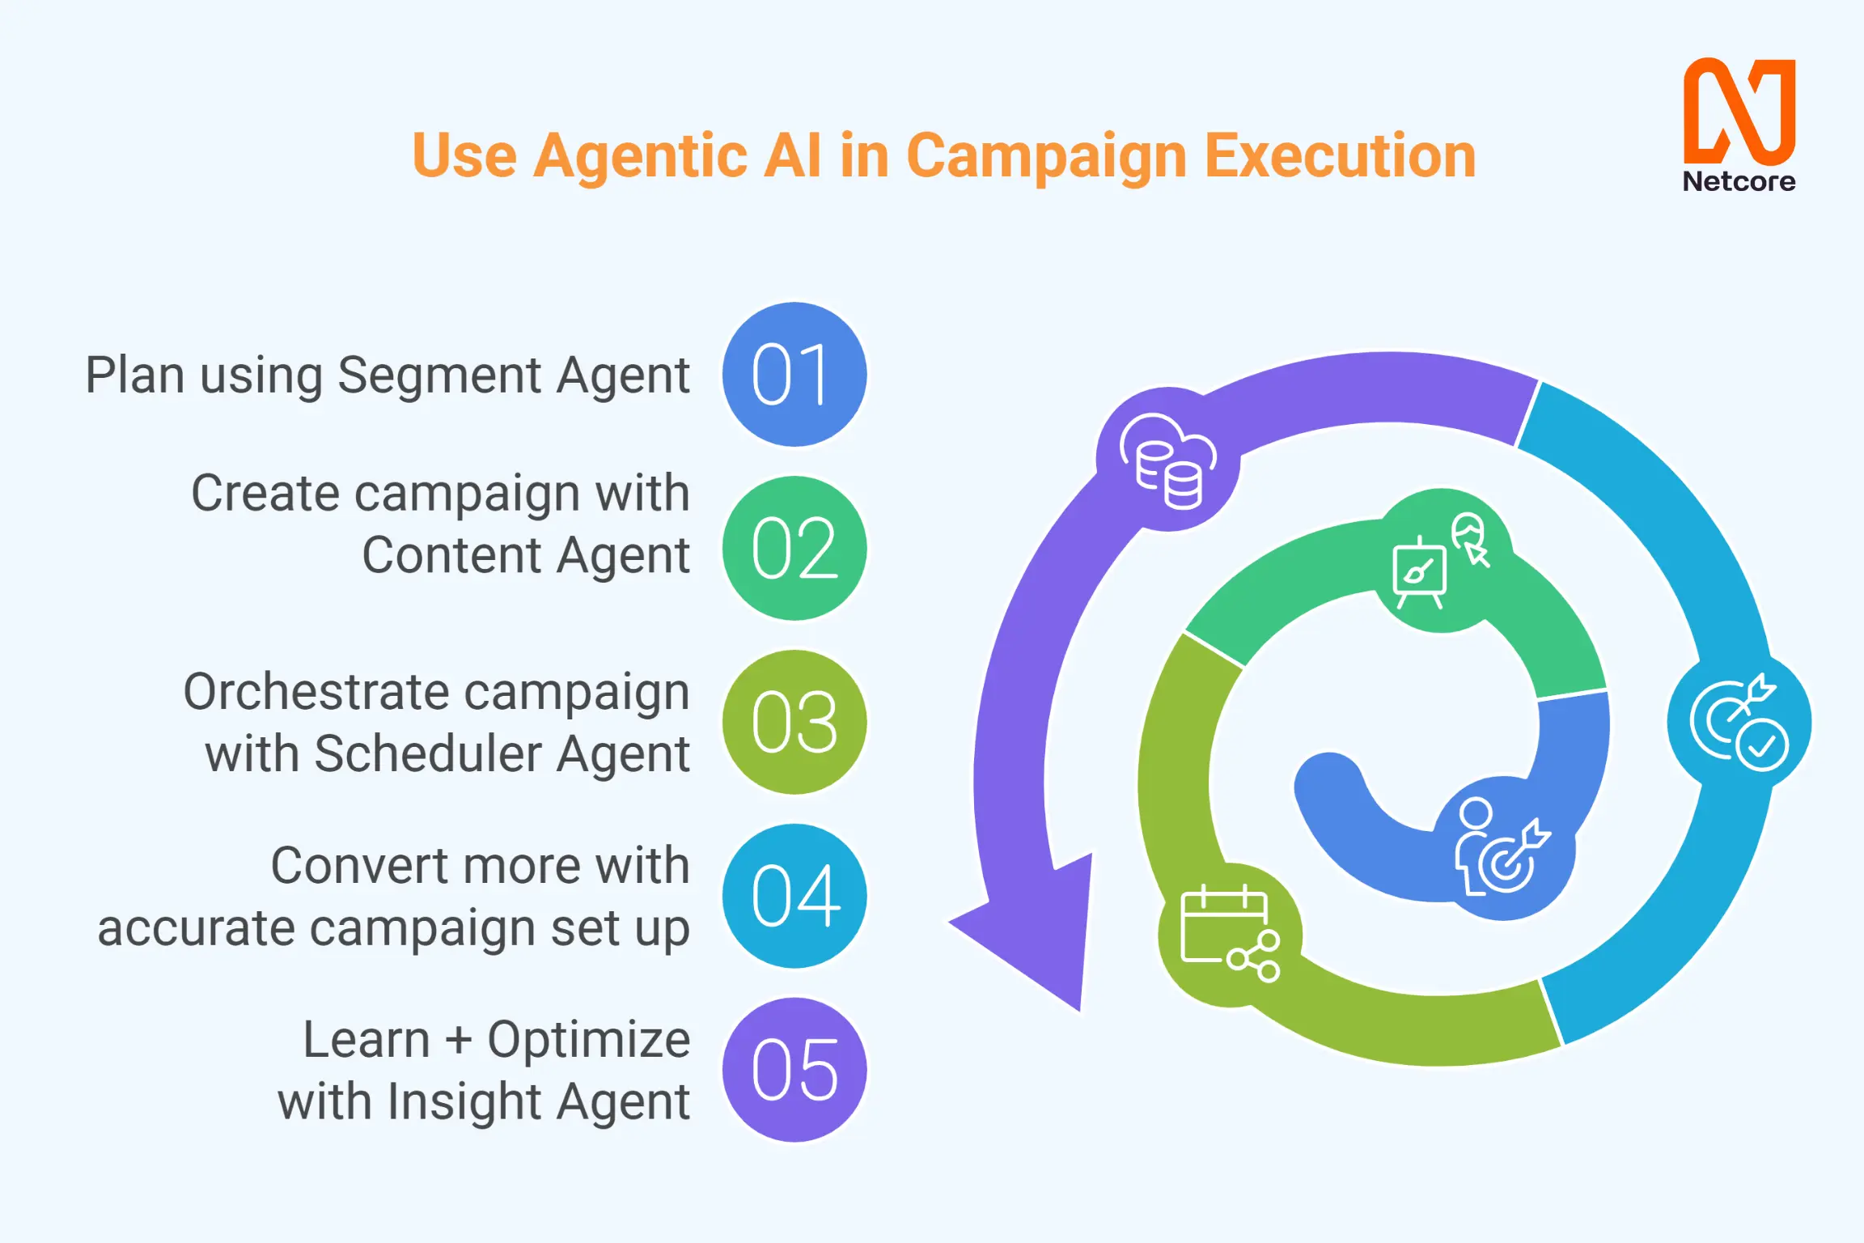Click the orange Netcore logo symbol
pos(1739,111)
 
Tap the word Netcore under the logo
pos(1739,181)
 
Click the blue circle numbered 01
pos(794,374)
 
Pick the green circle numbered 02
pos(794,548)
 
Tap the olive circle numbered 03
pos(794,722)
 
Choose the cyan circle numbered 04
pos(794,896)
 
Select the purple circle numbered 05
pos(794,1070)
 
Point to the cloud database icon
pos(1168,460)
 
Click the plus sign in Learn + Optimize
pos(458,1040)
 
